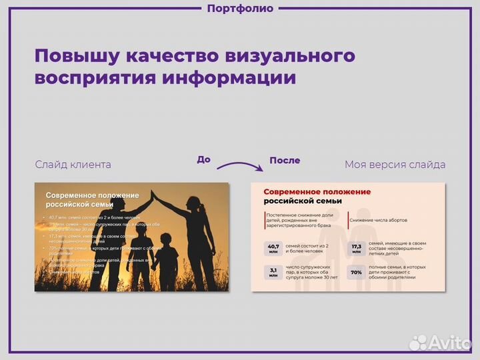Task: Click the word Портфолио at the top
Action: click(240, 9)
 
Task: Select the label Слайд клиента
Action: click(73, 164)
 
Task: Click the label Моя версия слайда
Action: click(395, 164)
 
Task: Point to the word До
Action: click(204, 159)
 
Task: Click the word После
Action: click(285, 161)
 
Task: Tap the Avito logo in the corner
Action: click(440, 341)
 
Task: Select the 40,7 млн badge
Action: click(273, 249)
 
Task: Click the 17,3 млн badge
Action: click(357, 249)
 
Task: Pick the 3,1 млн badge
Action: click(273, 273)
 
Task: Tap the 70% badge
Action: click(357, 273)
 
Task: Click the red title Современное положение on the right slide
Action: click(317, 192)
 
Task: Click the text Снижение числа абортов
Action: click(378, 220)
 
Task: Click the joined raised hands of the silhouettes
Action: click(153, 193)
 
